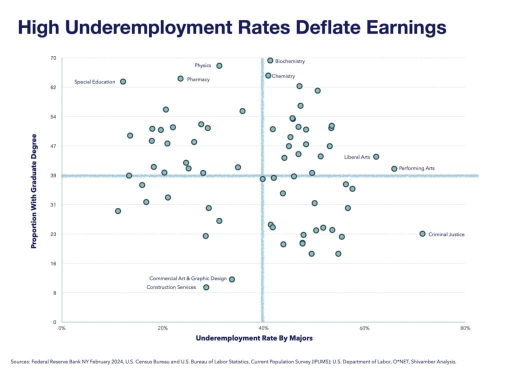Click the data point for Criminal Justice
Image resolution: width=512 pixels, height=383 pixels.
click(422, 234)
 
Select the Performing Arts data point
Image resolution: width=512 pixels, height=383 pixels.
click(394, 169)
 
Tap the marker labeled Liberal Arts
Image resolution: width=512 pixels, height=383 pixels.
click(376, 157)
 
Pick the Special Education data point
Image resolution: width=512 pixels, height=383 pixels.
click(123, 82)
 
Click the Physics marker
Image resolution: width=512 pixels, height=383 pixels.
click(219, 66)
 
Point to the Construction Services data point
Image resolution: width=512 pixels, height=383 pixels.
click(206, 287)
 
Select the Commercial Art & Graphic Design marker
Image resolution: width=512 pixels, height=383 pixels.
click(231, 279)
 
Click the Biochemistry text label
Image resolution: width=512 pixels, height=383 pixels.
click(289, 61)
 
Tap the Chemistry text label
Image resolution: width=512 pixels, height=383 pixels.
click(283, 76)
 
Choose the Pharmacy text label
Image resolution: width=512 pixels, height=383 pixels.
click(198, 79)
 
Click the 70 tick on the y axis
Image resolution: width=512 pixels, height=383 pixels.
click(53, 58)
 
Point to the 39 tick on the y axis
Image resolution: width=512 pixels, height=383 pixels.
click(53, 175)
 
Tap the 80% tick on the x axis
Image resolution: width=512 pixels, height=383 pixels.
click(465, 328)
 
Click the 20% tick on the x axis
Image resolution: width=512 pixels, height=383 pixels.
click(162, 328)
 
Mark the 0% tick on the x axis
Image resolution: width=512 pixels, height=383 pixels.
click(62, 328)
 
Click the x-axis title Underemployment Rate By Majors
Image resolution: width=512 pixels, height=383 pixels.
click(254, 338)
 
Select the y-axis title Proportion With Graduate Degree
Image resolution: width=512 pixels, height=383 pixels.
click(34, 191)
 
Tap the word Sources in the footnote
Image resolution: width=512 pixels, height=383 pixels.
click(20, 362)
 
